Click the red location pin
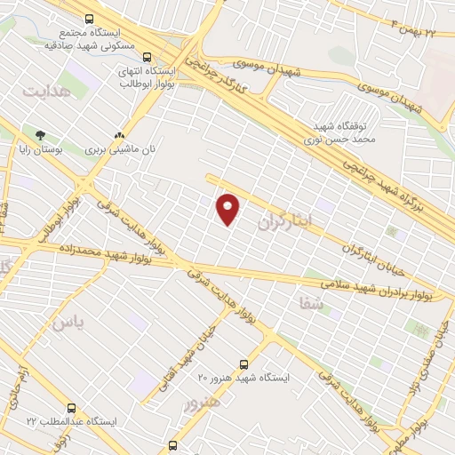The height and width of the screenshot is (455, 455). click(x=228, y=209)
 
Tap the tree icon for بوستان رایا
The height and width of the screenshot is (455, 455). click(x=39, y=136)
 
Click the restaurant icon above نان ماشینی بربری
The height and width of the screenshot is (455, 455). click(x=120, y=136)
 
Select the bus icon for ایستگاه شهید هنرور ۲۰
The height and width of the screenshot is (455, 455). click(x=244, y=363)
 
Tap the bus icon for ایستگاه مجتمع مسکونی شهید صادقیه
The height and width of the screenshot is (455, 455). click(x=89, y=18)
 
